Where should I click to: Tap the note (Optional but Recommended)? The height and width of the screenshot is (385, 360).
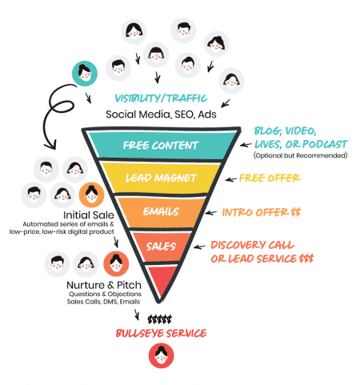coord(300,154)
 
